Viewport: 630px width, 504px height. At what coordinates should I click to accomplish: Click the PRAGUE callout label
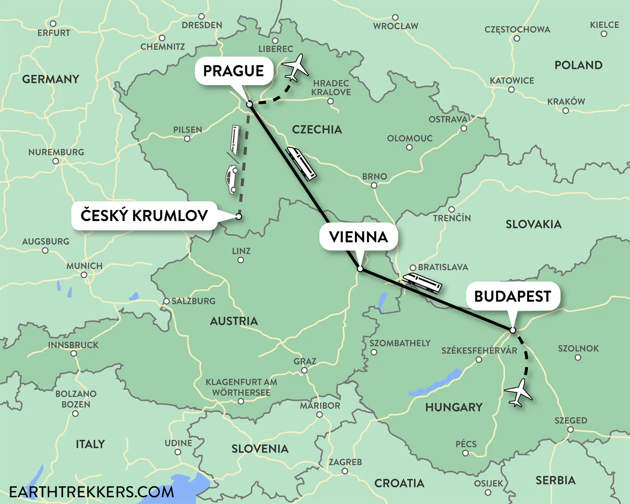click(x=234, y=71)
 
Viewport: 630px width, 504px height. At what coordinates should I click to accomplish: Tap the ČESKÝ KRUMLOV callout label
click(x=144, y=215)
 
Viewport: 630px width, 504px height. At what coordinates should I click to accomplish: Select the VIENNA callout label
click(x=358, y=237)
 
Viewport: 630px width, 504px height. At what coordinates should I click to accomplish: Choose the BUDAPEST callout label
click(x=512, y=297)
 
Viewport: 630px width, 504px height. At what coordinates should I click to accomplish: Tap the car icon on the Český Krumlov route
click(x=231, y=179)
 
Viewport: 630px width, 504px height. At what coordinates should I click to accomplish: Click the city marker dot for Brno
click(x=374, y=185)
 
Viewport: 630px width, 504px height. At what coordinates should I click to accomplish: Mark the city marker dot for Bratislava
click(x=413, y=268)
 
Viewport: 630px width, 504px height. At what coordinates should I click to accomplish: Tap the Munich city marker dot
click(x=84, y=275)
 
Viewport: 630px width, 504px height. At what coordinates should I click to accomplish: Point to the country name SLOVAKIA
click(x=533, y=224)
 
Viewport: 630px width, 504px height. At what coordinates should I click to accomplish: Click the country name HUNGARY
click(x=454, y=407)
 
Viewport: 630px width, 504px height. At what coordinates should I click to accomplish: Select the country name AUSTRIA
click(x=234, y=321)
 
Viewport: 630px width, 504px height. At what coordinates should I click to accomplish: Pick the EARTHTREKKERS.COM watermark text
click(x=92, y=492)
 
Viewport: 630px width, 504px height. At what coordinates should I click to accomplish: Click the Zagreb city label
click(x=345, y=462)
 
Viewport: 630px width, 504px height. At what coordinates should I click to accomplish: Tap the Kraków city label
click(x=566, y=102)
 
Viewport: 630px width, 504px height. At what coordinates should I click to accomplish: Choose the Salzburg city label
click(x=193, y=301)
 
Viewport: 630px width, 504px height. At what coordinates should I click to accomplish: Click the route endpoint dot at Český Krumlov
click(x=239, y=217)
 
